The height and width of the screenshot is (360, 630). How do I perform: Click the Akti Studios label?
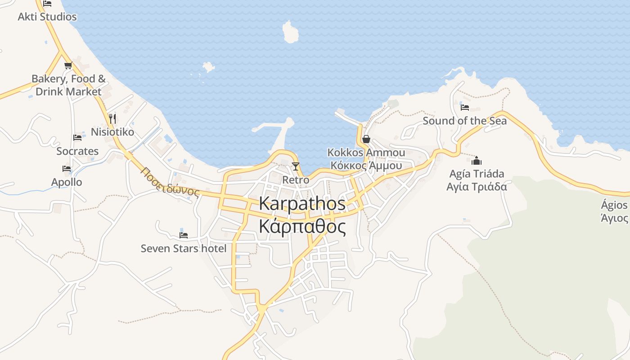47,17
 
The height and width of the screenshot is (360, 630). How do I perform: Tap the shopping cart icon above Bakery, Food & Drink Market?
68,66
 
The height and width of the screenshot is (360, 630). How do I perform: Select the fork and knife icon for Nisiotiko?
112,119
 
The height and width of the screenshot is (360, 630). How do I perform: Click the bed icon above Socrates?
77,138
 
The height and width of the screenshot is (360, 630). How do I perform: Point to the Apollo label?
67,182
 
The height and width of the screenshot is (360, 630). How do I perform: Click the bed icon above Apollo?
67,169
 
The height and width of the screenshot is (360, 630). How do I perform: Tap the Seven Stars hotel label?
184,248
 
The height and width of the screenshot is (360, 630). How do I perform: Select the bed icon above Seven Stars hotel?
183,235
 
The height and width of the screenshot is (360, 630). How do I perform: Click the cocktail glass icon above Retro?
295,166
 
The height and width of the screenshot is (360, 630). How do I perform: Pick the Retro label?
296,180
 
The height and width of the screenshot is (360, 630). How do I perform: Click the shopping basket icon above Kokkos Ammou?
366,139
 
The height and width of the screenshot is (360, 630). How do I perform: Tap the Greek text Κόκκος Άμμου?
366,166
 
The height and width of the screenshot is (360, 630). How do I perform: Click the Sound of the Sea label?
464,121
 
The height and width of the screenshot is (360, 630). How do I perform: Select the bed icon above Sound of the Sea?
465,108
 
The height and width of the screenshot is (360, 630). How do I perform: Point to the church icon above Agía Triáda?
477,161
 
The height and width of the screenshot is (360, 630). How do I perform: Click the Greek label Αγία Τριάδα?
477,187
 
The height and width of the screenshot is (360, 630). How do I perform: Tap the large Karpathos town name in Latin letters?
302,203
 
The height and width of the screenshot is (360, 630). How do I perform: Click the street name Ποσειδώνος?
169,182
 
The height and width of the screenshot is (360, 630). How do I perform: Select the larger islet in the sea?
290,32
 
